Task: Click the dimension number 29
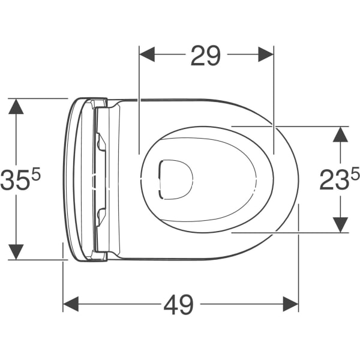point(205,56)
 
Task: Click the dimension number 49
point(179,305)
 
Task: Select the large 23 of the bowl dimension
point(335,180)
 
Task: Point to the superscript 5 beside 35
point(35,173)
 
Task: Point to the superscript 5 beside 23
point(355,173)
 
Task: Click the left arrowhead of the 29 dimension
point(147,55)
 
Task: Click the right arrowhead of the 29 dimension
point(266,55)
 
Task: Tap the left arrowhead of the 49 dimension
point(71,304)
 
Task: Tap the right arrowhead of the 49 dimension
point(290,304)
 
